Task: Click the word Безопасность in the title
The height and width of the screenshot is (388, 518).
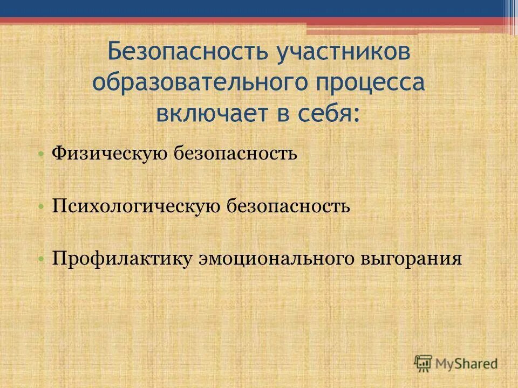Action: (187, 53)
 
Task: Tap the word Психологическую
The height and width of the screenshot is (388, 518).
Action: (135, 206)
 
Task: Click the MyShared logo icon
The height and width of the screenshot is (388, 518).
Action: (424, 363)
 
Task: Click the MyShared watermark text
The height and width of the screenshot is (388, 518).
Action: (467, 364)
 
